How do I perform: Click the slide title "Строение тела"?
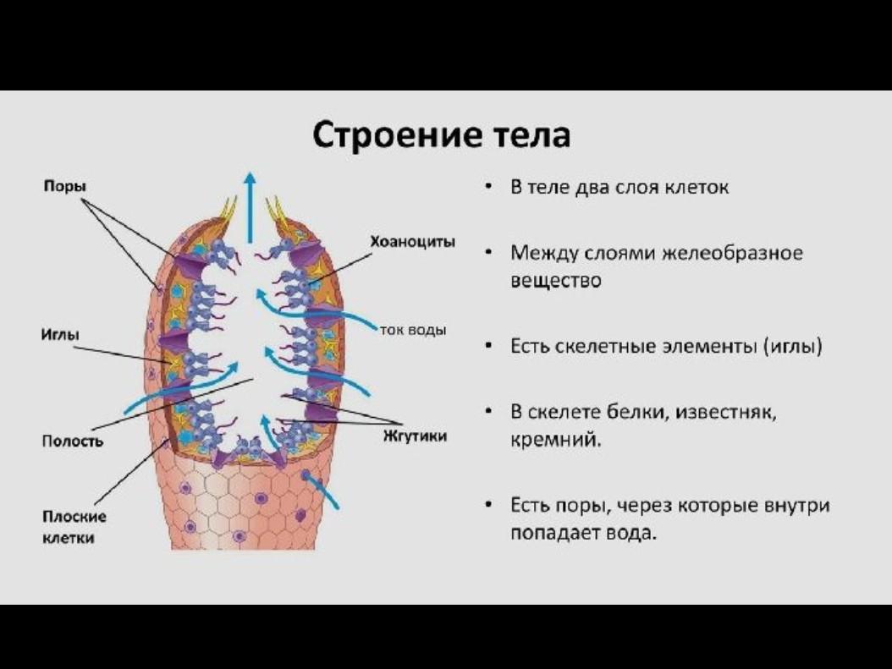pos(442,135)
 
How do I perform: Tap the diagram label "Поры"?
pos(65,186)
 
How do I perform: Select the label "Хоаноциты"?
pos(412,242)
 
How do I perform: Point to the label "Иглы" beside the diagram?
pos(60,335)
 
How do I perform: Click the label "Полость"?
pos(73,441)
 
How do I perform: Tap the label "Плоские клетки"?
pos(74,526)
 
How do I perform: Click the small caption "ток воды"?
pos(413,330)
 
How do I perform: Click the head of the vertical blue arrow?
pos(250,179)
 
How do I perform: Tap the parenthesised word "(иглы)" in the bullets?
pos(792,346)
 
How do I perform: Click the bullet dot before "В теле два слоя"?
pos(490,187)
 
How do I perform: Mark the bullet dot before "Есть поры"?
pos(490,506)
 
